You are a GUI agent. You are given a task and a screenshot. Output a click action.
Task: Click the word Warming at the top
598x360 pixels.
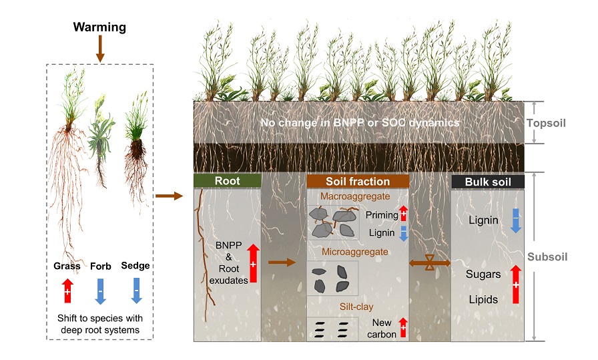99,27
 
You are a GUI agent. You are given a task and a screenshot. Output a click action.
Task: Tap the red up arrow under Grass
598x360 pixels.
67,292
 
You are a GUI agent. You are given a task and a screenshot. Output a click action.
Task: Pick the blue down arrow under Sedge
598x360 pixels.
136,292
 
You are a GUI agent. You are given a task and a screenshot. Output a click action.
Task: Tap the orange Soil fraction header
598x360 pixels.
357,181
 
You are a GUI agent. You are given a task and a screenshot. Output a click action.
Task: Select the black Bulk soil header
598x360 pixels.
488,181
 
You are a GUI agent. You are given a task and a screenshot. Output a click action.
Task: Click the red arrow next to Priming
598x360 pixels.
402,214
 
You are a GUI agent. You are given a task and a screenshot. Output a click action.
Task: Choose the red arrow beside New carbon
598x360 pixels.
402,328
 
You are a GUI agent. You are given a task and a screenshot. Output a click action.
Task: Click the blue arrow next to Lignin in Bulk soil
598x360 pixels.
515,220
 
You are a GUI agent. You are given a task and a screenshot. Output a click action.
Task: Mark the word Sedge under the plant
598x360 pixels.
135,266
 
